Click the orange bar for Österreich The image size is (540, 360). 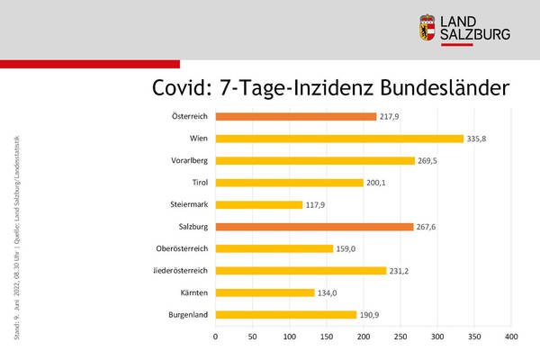point(295,116)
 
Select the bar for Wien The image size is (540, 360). point(339,139)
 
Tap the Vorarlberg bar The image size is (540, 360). point(315,160)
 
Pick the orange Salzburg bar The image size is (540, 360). point(314,227)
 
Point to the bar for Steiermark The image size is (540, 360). point(259,204)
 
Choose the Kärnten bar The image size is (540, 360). point(265,292)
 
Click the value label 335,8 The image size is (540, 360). point(477,139)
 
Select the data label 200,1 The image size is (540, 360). point(377,183)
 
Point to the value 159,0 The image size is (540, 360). point(346,248)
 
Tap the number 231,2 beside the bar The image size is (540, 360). point(400,270)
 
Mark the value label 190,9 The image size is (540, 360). point(370,315)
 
